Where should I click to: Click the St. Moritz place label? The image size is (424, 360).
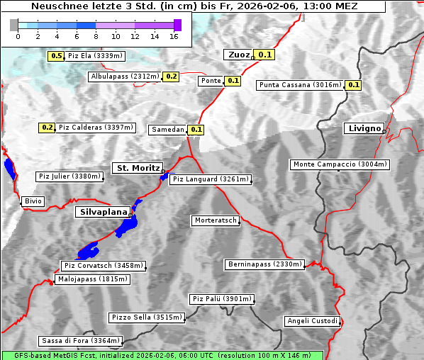137,168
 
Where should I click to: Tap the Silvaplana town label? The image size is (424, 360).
103,212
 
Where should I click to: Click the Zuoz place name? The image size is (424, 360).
237,55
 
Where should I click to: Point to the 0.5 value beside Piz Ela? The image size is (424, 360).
57,55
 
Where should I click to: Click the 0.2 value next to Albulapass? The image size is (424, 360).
171,77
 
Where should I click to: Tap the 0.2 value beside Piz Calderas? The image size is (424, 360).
48,128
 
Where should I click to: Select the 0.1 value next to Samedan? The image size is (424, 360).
196,130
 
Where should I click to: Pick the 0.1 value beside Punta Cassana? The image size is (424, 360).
354,85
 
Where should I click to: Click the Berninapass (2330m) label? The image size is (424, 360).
264,264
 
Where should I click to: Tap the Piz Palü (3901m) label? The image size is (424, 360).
222,299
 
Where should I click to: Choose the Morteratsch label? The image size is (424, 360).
216,220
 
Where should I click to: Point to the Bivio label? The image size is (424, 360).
33,202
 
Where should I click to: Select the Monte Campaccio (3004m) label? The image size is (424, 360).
340,164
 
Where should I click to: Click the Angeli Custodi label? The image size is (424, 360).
312,321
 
